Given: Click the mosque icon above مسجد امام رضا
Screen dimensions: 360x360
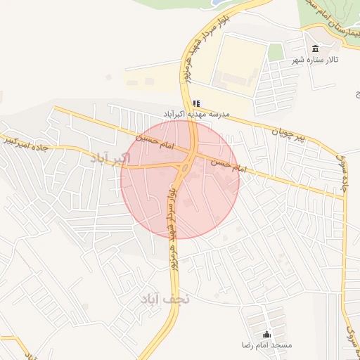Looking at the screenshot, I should point(266,335).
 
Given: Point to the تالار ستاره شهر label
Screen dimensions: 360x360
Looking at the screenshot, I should point(316,60).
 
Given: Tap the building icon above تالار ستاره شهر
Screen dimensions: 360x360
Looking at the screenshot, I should point(314,49).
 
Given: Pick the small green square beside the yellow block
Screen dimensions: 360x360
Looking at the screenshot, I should point(276,51).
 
